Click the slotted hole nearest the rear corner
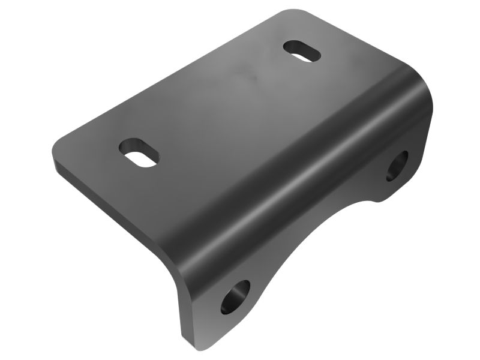point(302,51)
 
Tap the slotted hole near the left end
point(139,152)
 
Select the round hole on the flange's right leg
point(397,165)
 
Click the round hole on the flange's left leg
point(235,296)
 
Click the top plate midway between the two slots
point(222,102)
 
